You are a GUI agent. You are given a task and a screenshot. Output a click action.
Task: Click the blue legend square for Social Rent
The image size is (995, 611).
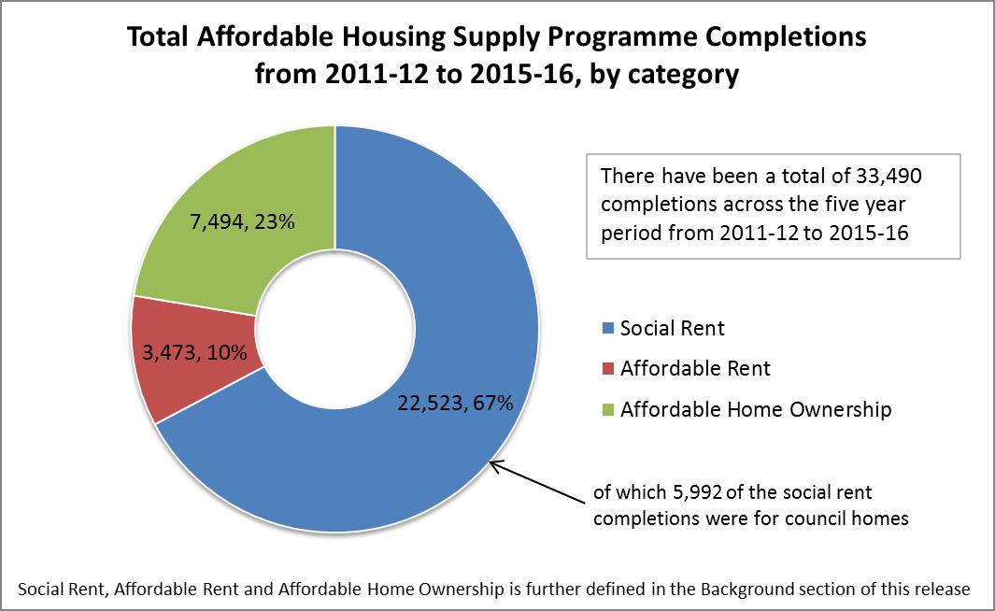608,329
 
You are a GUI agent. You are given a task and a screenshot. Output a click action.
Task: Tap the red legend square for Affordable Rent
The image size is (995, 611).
608,369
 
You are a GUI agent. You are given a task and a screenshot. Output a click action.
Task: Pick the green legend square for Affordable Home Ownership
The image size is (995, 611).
608,409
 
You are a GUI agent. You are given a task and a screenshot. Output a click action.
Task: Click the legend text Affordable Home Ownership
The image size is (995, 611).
756,409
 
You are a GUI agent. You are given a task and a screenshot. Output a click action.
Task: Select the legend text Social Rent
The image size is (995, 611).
673,329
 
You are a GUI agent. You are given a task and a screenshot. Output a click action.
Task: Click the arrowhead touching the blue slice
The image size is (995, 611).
492,462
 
